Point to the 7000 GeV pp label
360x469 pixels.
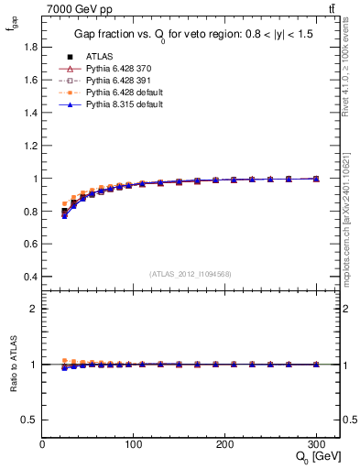(72, 9)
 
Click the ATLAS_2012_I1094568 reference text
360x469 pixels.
(191, 272)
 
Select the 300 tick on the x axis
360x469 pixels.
(316, 442)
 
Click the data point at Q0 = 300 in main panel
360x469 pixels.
(316, 179)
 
